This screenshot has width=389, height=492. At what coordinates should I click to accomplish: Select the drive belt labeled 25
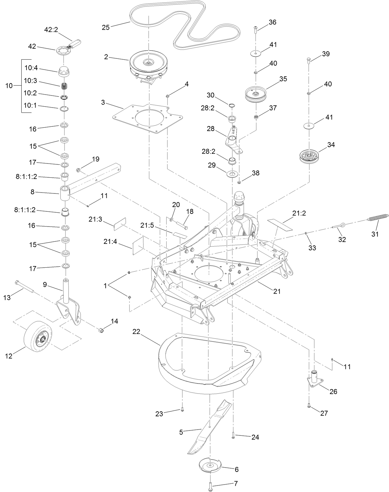pos(186,23)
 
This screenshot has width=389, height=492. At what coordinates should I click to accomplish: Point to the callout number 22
pos(136,332)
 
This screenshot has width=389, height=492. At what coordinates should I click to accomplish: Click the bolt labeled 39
pos(308,59)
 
